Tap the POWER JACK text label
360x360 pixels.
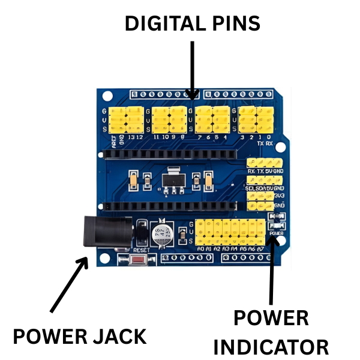(79, 336)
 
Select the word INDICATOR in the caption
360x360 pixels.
(271, 347)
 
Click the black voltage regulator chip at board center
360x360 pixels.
(173, 178)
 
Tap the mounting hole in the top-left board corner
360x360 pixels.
(107, 95)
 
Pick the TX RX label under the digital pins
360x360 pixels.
(264, 144)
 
